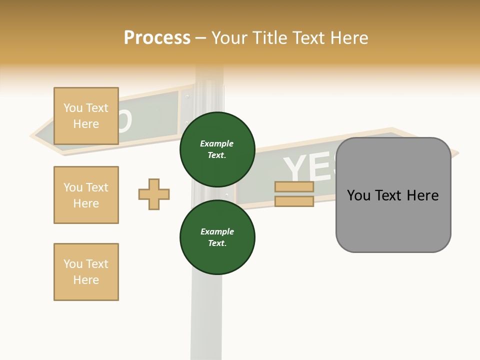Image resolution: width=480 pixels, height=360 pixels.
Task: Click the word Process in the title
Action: pos(157,38)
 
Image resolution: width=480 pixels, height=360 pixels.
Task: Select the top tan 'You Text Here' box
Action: pos(86,116)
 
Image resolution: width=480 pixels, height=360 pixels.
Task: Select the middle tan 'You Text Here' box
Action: pos(86,195)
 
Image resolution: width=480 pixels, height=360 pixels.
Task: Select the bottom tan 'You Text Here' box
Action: pos(86,272)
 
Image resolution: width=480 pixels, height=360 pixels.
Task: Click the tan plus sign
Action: pos(154,194)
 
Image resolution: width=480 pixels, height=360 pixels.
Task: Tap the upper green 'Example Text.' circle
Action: pos(217,149)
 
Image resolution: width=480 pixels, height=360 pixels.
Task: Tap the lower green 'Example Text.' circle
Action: pos(217,237)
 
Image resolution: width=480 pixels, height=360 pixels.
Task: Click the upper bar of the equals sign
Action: pos(294,187)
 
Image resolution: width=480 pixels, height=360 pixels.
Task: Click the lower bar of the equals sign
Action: pos(294,201)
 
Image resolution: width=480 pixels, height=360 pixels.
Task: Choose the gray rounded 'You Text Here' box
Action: pos(393,195)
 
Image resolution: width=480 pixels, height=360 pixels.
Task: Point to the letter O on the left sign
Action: pos(124,121)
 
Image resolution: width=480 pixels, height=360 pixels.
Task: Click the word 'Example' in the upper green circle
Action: pos(217,144)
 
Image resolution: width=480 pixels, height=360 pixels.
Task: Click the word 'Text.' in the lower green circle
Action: pos(217,243)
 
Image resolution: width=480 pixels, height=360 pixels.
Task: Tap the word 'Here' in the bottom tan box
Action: pos(86,280)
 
